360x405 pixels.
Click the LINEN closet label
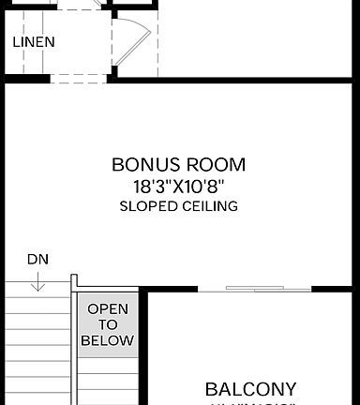point(34,42)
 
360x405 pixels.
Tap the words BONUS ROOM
point(179,165)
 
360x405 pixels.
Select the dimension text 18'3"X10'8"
point(179,186)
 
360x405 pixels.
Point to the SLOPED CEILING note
point(179,205)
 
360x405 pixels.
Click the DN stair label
point(37,258)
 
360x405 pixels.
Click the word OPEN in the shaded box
point(107,308)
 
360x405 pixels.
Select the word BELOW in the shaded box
point(107,340)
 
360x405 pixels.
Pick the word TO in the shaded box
point(107,324)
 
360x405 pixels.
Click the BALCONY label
point(250,388)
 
